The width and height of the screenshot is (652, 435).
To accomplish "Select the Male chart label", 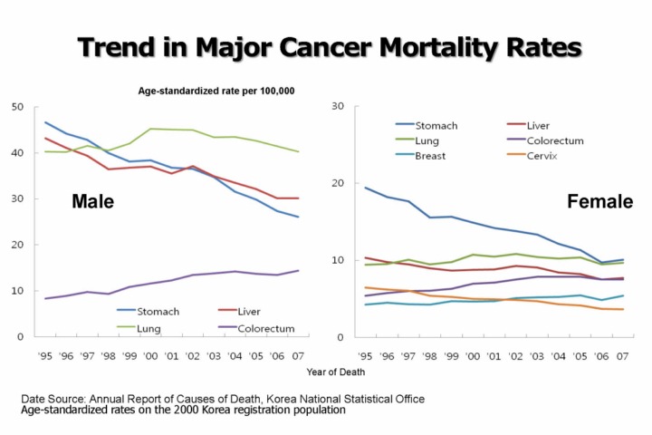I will tap(92, 201).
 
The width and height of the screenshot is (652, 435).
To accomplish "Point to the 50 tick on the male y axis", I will tap(17, 107).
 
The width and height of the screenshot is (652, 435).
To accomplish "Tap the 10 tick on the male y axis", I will tap(17, 291).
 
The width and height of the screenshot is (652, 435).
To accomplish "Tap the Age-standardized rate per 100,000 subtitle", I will tap(216, 92).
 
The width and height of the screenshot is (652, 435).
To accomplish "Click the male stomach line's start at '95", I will tap(46, 122).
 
